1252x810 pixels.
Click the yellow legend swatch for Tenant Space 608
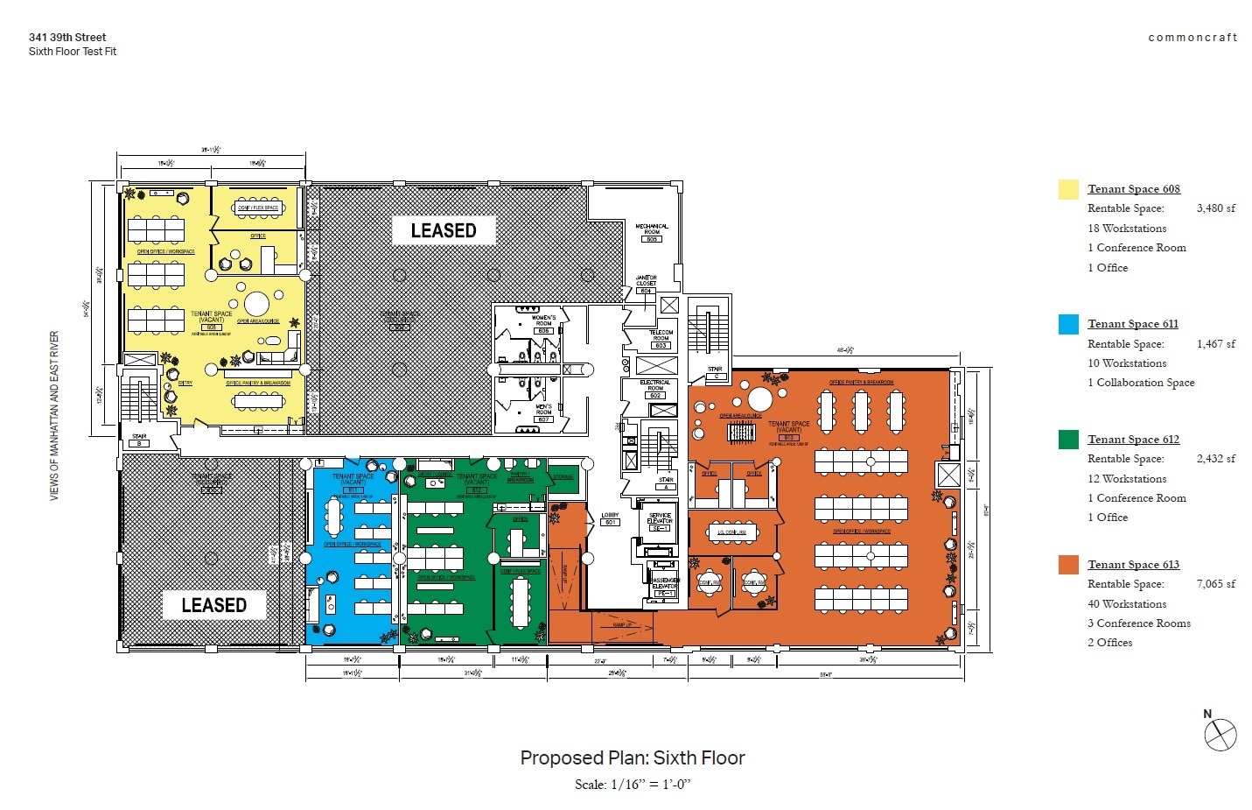click(x=1068, y=189)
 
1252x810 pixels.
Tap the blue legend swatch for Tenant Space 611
click(x=1068, y=324)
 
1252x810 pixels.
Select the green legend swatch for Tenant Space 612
click(x=1068, y=440)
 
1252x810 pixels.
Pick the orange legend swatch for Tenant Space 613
click(x=1068, y=565)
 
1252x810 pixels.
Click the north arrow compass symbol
click(x=1220, y=735)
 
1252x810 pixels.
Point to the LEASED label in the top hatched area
click(x=444, y=230)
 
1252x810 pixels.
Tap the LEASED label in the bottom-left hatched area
click(x=213, y=605)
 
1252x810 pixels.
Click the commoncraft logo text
click(x=1193, y=38)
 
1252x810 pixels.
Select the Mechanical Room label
click(x=652, y=229)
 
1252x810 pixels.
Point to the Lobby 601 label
click(x=610, y=518)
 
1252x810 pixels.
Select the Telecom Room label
click(x=661, y=335)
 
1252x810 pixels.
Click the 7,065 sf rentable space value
click(x=1215, y=584)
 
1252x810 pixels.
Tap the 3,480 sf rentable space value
click(x=1215, y=208)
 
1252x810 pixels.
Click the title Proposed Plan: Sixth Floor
click(x=633, y=758)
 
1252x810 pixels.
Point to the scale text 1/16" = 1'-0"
click(x=633, y=785)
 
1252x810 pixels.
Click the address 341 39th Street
click(x=67, y=38)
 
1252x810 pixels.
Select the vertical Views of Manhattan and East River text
click(x=54, y=416)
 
